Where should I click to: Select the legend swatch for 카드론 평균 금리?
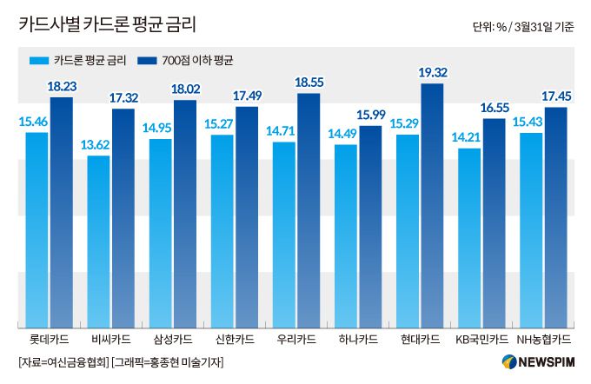click(x=38, y=61)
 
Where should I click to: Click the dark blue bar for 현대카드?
click(x=432, y=204)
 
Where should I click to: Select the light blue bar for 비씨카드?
click(x=98, y=240)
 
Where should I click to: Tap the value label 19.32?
click(x=432, y=73)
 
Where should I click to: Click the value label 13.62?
click(x=98, y=146)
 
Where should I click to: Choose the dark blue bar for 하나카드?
click(x=370, y=225)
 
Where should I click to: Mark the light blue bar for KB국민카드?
click(x=469, y=236)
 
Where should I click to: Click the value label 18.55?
click(x=309, y=83)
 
